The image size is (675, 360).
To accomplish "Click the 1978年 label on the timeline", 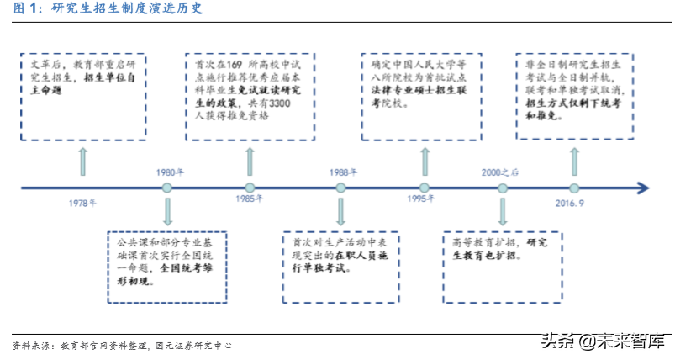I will click(82, 203).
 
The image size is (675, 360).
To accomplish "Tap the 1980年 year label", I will click(167, 172).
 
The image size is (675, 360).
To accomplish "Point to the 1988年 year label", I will click(340, 172).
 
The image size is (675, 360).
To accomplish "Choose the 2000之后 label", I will click(501, 172).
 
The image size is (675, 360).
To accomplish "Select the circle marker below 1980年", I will click(167, 188).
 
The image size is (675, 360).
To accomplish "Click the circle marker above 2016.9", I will click(574, 188).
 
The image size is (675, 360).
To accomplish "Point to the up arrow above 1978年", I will click(82, 161).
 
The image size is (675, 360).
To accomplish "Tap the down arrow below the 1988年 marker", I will click(340, 211).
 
